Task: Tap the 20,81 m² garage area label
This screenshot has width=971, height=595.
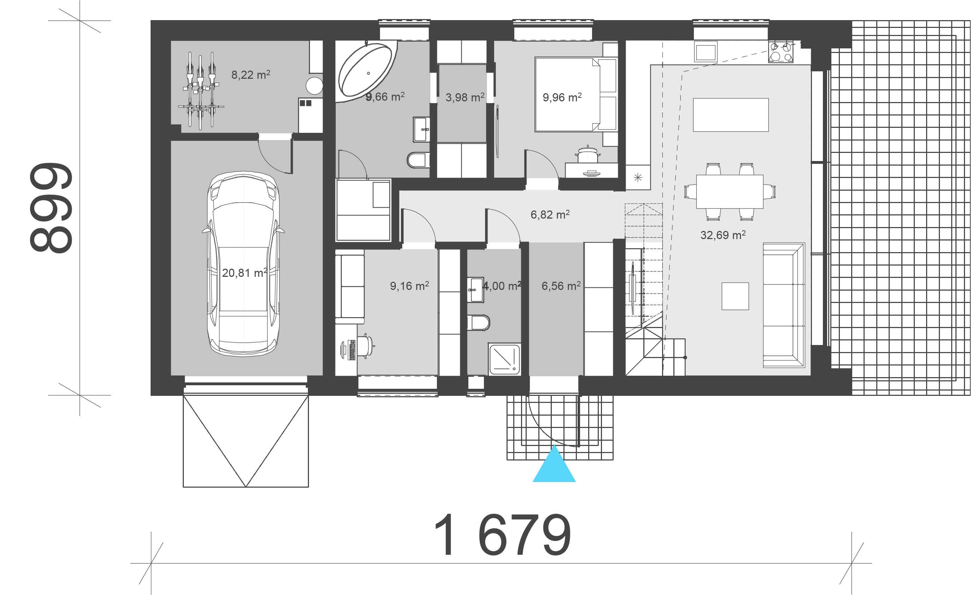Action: pos(244,273)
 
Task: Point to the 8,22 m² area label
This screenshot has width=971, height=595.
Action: pos(251,75)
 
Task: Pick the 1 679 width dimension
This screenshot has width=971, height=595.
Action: pos(502,536)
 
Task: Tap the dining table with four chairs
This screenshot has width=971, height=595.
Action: pos(730,191)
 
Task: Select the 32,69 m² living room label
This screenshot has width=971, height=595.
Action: pos(723,235)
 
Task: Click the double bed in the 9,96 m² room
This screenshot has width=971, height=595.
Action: pos(567,95)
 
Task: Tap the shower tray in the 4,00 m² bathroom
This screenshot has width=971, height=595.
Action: pos(505,359)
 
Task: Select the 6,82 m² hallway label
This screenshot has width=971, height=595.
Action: pos(550,215)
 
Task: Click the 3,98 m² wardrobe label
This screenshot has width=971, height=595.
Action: pos(464,97)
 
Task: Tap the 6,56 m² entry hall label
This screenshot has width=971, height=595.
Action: pos(561,286)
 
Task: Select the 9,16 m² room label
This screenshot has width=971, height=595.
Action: pos(409,286)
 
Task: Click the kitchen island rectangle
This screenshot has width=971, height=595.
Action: pos(731,115)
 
